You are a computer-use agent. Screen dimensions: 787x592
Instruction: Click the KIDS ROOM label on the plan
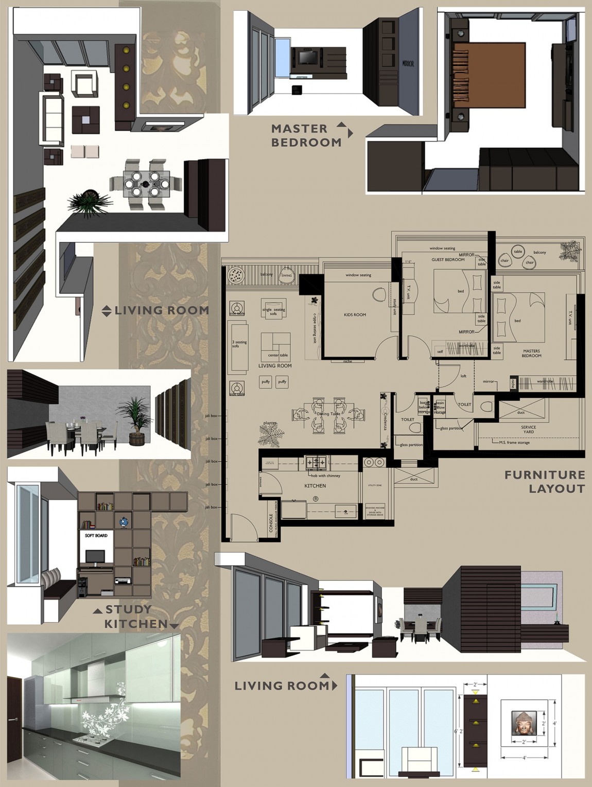[x=355, y=314]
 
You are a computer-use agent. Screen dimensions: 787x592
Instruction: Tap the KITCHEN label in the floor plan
[x=315, y=485]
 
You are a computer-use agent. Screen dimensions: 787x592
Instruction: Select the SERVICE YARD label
[x=528, y=429]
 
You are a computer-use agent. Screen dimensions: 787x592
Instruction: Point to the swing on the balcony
[x=286, y=276]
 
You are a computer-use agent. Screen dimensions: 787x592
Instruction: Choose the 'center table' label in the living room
[x=277, y=355]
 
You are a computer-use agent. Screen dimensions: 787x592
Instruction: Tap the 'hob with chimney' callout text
[x=325, y=476]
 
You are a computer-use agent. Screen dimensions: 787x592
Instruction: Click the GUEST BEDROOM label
[x=448, y=259]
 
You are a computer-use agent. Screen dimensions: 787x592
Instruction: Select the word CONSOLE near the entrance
[x=271, y=523]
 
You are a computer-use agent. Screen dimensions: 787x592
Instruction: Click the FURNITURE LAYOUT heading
[x=545, y=481]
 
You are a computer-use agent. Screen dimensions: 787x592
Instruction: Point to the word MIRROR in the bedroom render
[x=408, y=64]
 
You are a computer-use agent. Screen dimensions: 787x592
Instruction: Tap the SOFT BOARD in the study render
[x=96, y=536]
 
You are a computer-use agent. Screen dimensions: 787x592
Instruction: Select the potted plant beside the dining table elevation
[x=136, y=419]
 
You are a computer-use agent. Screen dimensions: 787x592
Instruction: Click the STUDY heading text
[x=128, y=609]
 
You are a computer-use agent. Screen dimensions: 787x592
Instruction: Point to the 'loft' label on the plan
[x=463, y=376]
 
